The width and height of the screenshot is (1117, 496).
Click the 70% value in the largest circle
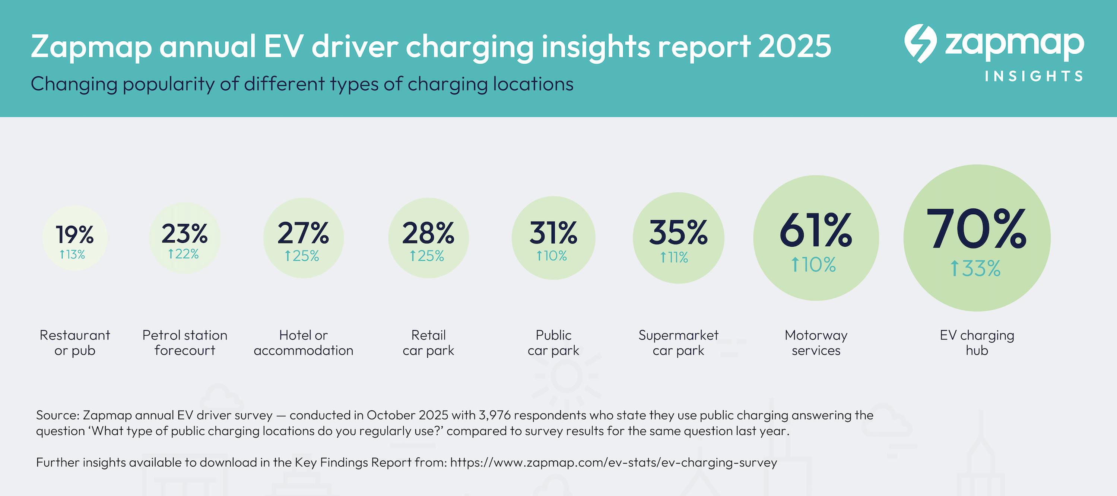point(977,228)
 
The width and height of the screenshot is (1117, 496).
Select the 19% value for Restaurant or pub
point(74,234)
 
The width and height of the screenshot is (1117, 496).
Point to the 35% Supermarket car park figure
point(678,233)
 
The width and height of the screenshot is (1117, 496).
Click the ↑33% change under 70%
point(975,269)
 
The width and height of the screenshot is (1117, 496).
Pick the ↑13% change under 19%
point(72,254)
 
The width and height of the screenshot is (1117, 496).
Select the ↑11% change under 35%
point(674,257)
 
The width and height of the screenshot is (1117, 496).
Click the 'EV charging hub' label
point(977,342)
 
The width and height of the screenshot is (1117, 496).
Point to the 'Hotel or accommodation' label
point(304,342)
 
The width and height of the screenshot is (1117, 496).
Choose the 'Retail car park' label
point(428,342)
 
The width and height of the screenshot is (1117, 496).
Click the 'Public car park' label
point(553,342)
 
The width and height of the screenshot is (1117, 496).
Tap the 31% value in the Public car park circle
point(553,233)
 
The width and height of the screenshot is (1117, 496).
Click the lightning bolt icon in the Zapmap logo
point(920,43)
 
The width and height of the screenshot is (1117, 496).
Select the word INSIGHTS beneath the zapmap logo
point(1034,76)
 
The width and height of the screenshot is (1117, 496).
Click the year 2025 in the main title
point(794,47)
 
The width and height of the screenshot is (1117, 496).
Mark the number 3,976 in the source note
point(494,415)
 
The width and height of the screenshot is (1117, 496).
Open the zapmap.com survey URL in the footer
point(613,462)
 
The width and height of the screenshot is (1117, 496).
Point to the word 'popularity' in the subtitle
point(169,84)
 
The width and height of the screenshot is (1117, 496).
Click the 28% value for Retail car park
point(428,233)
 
